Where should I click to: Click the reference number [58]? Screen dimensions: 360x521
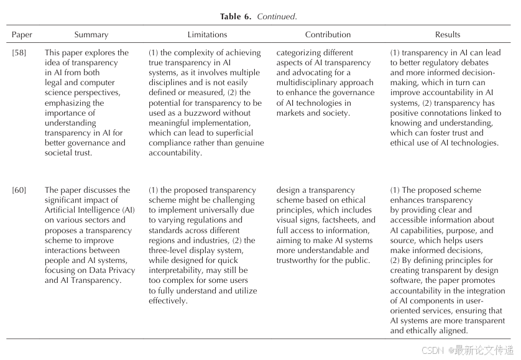click(19, 53)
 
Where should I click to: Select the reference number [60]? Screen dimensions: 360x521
click(19, 190)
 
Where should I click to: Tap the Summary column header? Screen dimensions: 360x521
click(91, 35)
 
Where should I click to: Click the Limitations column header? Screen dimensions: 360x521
click(207, 35)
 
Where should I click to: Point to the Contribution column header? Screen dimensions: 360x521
click(328, 35)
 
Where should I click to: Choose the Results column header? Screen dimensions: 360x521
click(448, 35)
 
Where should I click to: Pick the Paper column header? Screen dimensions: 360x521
click(22, 35)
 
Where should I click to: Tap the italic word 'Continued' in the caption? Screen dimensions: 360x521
click(277, 16)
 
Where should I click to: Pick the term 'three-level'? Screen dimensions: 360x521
click(170, 251)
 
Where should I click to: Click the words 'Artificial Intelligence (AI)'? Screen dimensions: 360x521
click(90, 210)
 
